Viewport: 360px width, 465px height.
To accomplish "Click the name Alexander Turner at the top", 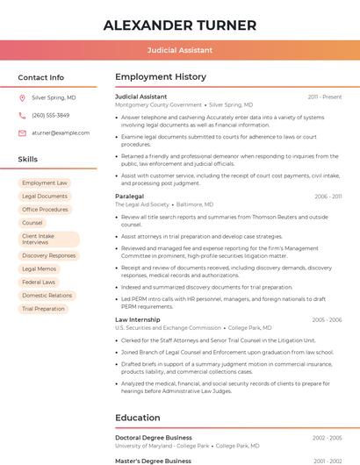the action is click(x=180, y=25).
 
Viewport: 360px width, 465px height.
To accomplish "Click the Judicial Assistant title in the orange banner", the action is click(x=180, y=51).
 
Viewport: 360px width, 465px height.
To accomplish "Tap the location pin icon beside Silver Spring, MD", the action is click(x=22, y=98).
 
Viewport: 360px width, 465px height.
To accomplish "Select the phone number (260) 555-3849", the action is click(x=50, y=116).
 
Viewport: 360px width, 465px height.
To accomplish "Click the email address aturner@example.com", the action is click(x=61, y=133).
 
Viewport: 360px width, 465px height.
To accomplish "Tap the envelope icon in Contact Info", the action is click(x=22, y=133).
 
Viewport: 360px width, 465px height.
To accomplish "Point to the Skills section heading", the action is click(x=28, y=160).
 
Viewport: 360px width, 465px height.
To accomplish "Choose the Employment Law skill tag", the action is click(x=45, y=183).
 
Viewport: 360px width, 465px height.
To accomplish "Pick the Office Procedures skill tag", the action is click(x=45, y=210).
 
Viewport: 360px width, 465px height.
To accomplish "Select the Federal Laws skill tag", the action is click(x=39, y=283).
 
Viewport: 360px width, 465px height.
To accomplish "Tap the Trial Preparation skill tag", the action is click(x=44, y=309).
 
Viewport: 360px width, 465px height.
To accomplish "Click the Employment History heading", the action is click(x=160, y=77).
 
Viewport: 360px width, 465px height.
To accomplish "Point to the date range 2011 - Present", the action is click(x=325, y=97).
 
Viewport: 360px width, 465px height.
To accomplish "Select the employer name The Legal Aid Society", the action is click(x=141, y=204).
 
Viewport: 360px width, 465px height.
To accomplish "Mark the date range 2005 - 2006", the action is click(x=327, y=320).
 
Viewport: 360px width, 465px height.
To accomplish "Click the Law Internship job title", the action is click(x=138, y=320).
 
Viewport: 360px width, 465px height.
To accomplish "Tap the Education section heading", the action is click(x=138, y=418).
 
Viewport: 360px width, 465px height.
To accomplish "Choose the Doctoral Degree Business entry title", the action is click(x=153, y=437).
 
